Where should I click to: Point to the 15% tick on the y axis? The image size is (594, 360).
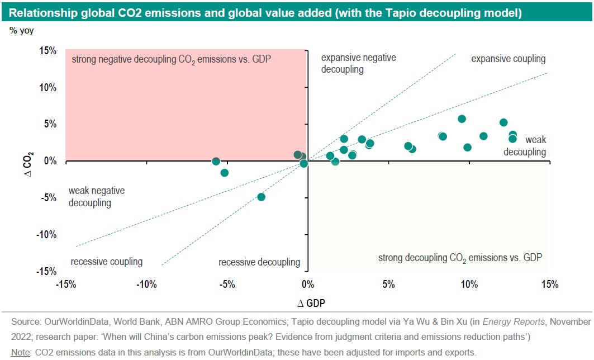tap(47, 51)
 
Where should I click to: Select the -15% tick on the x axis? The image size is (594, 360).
tap(66, 285)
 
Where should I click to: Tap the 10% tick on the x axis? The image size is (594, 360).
tap(469, 285)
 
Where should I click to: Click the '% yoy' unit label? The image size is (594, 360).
tap(21, 31)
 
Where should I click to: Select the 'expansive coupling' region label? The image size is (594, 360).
tap(508, 59)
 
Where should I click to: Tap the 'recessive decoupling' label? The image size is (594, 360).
tap(259, 262)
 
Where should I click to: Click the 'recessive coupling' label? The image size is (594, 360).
tap(107, 262)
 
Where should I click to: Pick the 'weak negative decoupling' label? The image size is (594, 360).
tap(96, 197)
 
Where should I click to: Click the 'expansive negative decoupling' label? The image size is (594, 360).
tap(358, 64)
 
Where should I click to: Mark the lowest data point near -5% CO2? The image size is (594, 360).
tap(261, 197)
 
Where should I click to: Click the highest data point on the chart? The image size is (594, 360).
tap(462, 119)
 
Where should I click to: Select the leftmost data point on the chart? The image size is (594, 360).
tap(216, 162)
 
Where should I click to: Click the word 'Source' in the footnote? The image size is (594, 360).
tap(25, 322)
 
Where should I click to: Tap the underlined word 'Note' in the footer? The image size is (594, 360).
tap(21, 352)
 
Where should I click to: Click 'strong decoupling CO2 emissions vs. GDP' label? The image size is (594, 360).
tap(460, 258)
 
